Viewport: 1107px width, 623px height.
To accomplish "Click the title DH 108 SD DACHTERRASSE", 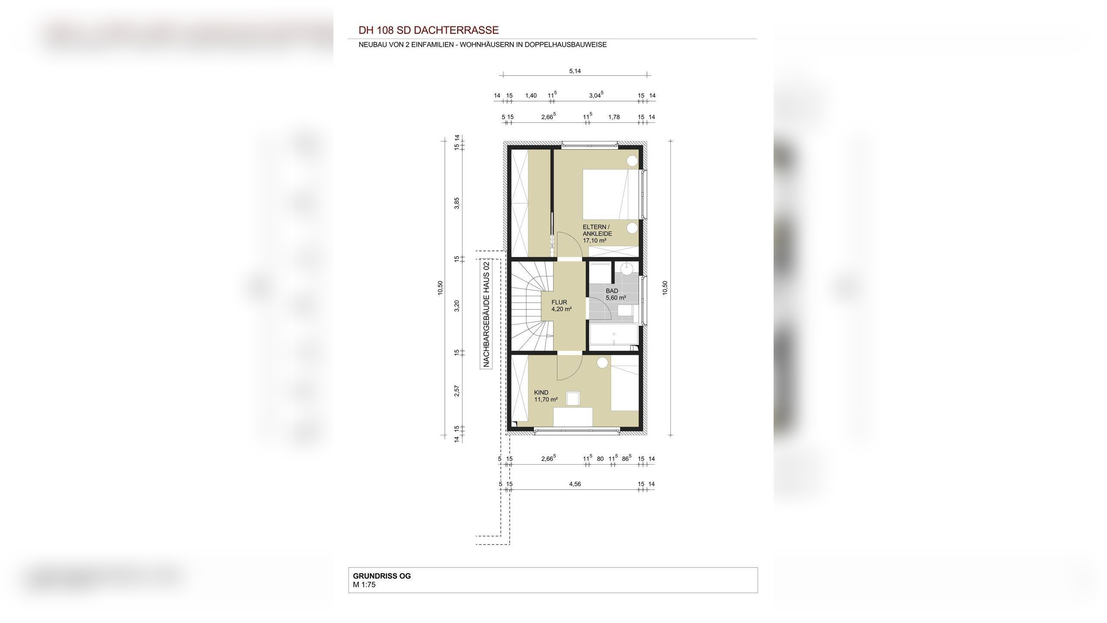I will point(428,30).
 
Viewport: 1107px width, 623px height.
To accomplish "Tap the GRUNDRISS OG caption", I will point(381,576).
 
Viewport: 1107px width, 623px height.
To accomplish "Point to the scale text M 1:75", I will point(364,585).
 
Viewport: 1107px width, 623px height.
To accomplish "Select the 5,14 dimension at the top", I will point(575,71).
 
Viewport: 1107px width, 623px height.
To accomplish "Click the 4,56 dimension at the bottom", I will point(575,484).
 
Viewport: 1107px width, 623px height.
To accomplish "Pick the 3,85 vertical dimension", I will point(457,203).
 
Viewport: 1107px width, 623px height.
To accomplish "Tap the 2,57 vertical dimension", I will point(457,391).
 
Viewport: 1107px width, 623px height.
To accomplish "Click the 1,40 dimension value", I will point(531,96).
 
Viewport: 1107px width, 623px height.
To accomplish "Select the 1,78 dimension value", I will point(614,117).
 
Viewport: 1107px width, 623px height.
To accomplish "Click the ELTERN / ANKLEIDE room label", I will point(597,230).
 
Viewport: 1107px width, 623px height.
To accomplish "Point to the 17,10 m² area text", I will point(594,241).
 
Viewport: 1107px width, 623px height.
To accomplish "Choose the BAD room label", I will point(612,291).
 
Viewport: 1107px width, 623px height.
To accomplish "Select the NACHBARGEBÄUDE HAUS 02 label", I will point(486,315).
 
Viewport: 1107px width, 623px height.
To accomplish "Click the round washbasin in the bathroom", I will point(627,269).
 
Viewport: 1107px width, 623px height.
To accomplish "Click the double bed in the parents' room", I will point(611,194).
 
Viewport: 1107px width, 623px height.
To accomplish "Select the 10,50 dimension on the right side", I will point(665,288).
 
